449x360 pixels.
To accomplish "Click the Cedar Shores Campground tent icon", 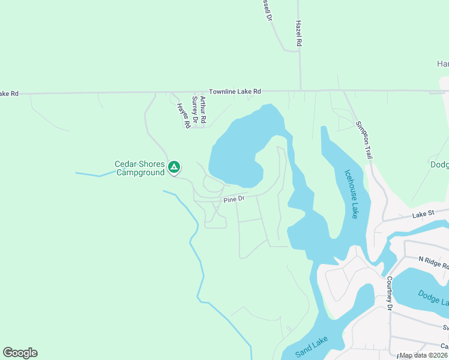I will [x=174, y=166].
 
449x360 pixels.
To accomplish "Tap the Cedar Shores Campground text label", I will [x=140, y=168].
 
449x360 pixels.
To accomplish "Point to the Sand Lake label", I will [x=310, y=349].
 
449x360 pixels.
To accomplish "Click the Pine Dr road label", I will [x=234, y=199].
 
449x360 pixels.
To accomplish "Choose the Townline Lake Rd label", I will [x=235, y=91].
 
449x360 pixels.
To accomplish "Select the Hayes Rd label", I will [x=183, y=115].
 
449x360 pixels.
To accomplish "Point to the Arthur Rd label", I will [x=203, y=110].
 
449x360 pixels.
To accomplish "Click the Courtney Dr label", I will [x=390, y=293].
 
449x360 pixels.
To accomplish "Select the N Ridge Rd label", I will [x=433, y=262].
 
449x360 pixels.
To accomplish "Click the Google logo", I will [x=20, y=353].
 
